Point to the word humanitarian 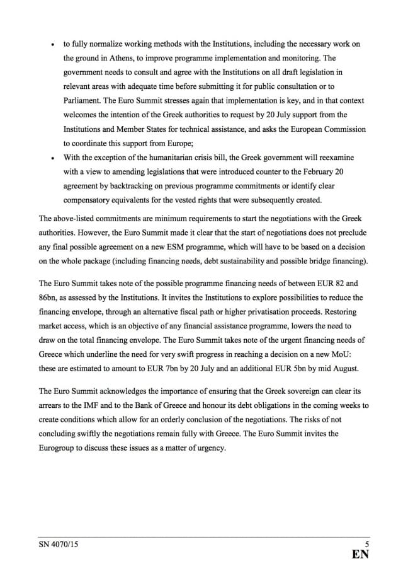[x=155, y=157]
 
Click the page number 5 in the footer [x=366, y=543]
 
